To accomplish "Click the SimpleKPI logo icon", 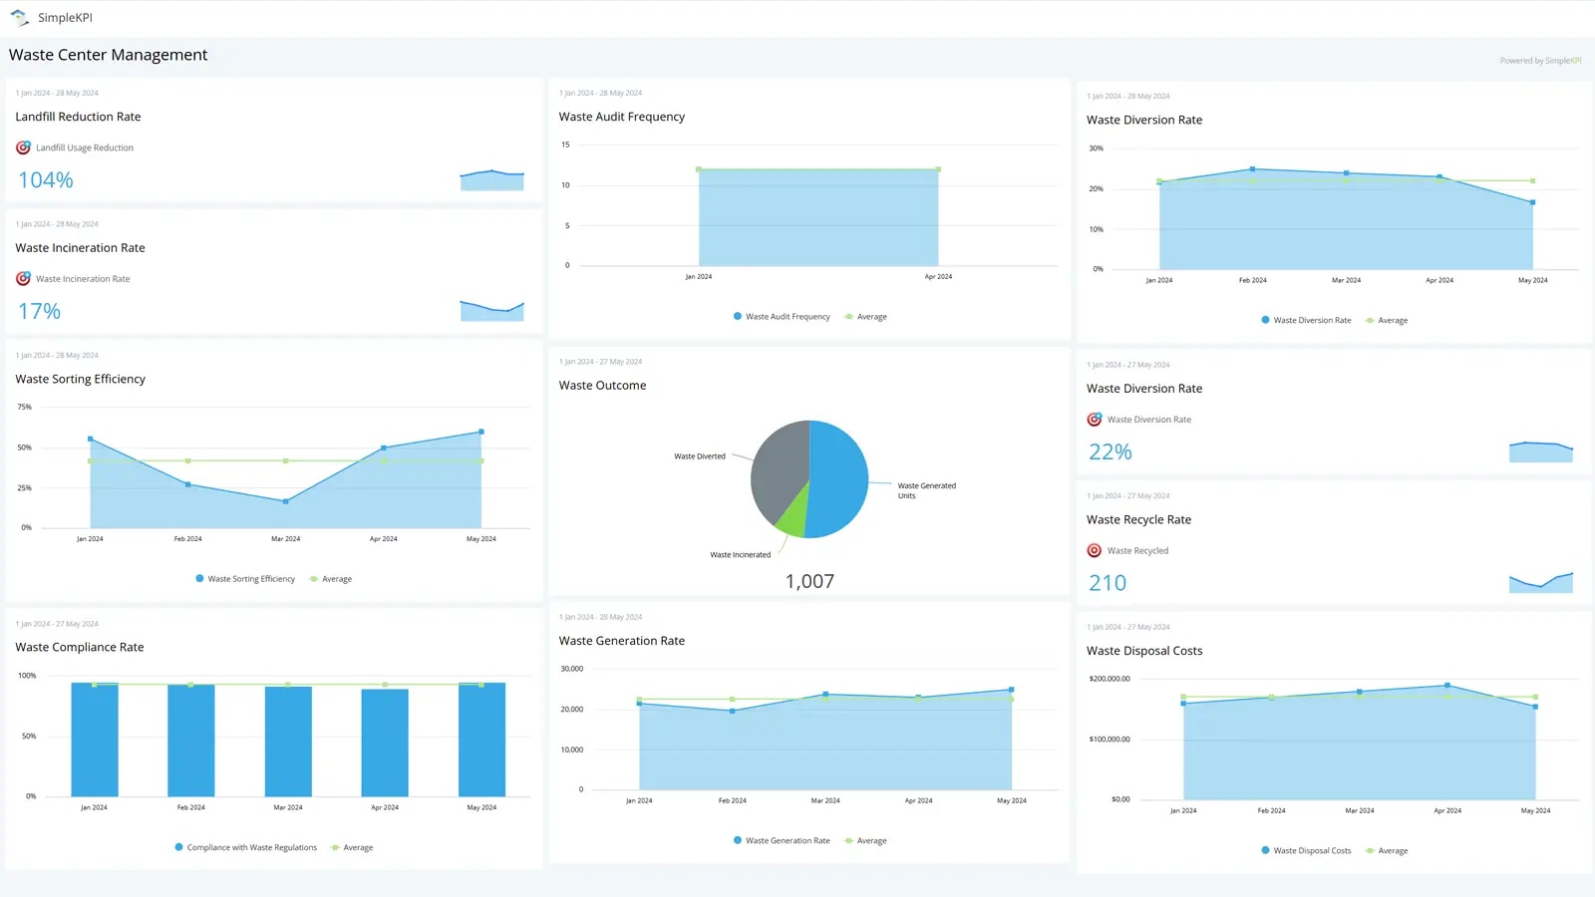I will [19, 18].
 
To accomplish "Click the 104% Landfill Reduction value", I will [46, 180].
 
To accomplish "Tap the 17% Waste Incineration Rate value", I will [40, 312].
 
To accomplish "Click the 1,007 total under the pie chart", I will [809, 581].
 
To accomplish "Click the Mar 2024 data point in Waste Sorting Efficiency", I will [286, 501].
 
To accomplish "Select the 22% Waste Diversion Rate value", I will [1111, 452].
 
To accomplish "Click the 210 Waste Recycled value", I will [1108, 583].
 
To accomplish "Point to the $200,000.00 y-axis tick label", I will [1110, 679].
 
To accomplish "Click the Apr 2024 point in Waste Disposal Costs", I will [1447, 686].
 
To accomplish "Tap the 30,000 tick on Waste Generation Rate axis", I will [572, 669].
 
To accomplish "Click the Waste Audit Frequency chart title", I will [622, 117].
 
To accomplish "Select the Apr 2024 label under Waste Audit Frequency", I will [938, 277].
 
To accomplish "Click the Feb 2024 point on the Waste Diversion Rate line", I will [1253, 169].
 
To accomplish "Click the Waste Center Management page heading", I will [109, 55].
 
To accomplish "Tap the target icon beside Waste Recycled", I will [1095, 551].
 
